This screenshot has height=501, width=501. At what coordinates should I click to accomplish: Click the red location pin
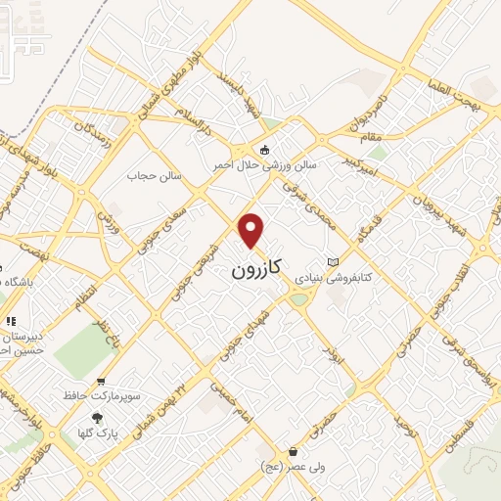click(252, 230)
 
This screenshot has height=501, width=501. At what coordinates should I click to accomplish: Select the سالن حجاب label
click(150, 176)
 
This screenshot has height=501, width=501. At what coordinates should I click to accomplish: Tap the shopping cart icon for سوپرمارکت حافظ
click(101, 382)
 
